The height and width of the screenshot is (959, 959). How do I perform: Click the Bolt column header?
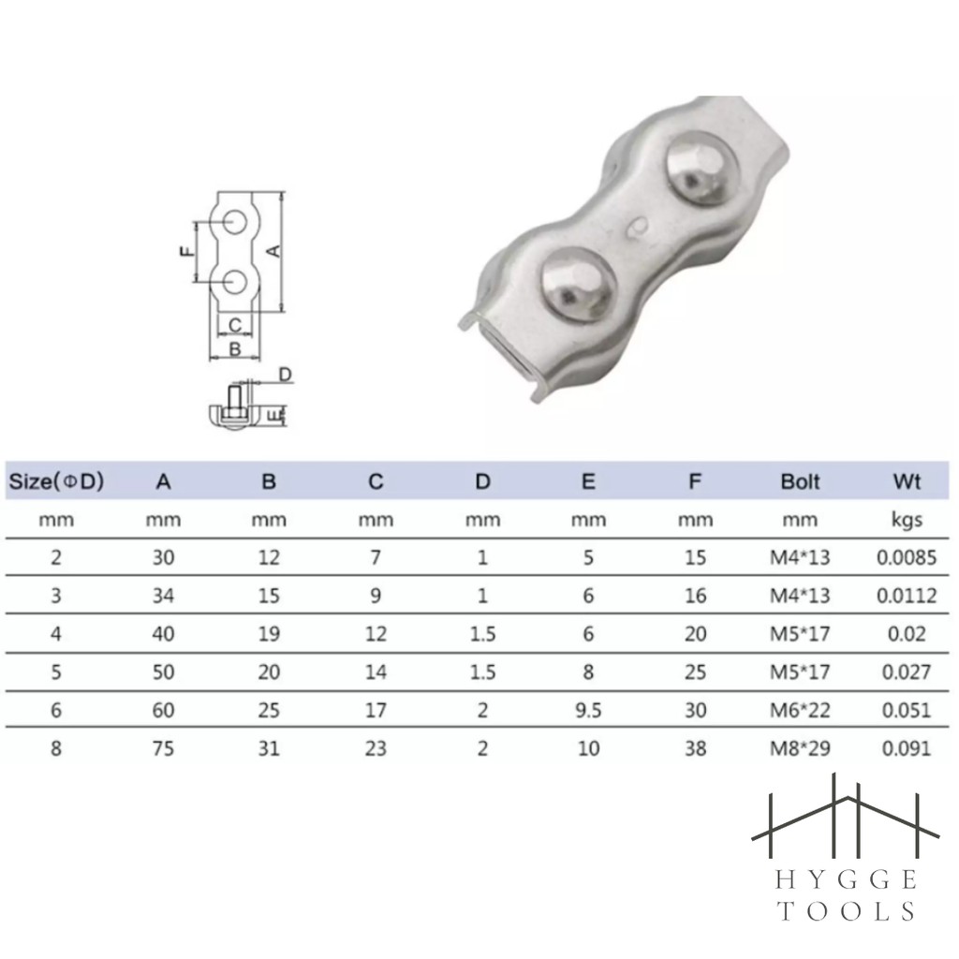click(x=800, y=481)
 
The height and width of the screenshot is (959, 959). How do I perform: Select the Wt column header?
click(x=907, y=481)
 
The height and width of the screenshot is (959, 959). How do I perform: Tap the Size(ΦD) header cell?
click(x=56, y=481)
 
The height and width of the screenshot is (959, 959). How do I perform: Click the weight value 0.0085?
click(x=907, y=557)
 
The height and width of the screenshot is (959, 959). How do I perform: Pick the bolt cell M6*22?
click(x=800, y=710)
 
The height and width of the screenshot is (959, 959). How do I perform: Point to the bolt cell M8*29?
click(x=800, y=748)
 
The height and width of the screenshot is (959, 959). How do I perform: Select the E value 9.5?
click(x=588, y=710)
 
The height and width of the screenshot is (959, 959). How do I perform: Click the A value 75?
click(x=163, y=748)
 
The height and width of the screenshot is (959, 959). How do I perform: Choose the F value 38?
click(x=696, y=748)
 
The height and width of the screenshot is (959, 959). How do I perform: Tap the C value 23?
click(x=376, y=748)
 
